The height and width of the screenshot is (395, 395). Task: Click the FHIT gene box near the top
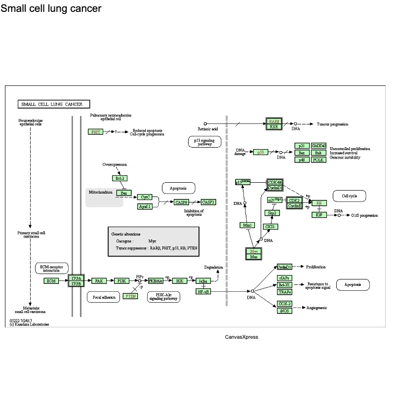pyautogui.click(x=95, y=132)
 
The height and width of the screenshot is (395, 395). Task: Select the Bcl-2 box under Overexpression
pyautogui.click(x=119, y=178)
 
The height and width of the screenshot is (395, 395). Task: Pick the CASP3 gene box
pyautogui.click(x=208, y=202)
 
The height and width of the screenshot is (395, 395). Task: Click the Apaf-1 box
pyautogui.click(x=145, y=206)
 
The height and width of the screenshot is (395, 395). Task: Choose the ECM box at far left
pyautogui.click(x=51, y=281)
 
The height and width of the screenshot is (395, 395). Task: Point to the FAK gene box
pyautogui.click(x=99, y=281)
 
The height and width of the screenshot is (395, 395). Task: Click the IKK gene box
pyautogui.click(x=179, y=281)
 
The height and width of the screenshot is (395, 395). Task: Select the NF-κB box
pyautogui.click(x=203, y=292)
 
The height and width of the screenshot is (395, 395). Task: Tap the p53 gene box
pyautogui.click(x=260, y=152)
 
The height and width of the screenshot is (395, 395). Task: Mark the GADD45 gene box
pyautogui.click(x=318, y=146)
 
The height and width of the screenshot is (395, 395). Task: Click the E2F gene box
pyautogui.click(x=319, y=215)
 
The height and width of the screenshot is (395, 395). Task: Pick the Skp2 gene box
pyautogui.click(x=271, y=213)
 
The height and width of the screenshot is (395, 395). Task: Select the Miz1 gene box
pyautogui.click(x=247, y=225)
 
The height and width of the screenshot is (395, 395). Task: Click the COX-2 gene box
pyautogui.click(x=284, y=304)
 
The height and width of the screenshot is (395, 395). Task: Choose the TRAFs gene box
pyautogui.click(x=284, y=292)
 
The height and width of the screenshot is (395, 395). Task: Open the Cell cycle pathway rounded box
pyautogui.click(x=349, y=196)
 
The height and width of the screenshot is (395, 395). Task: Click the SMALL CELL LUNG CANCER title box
pyautogui.click(x=54, y=104)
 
